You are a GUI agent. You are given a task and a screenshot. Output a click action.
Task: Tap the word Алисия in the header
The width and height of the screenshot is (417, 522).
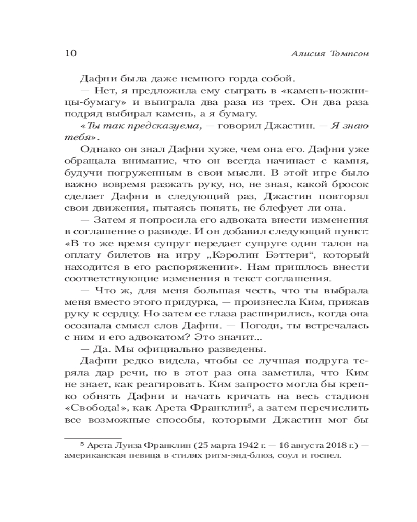pyautogui.click(x=301, y=54)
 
